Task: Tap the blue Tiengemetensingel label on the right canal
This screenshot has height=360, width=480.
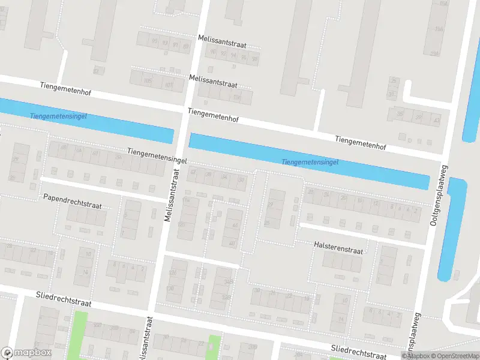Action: (x=310, y=162)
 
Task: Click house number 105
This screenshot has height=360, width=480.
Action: (x=148, y=80)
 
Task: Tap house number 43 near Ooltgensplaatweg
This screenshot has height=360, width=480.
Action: (x=436, y=120)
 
